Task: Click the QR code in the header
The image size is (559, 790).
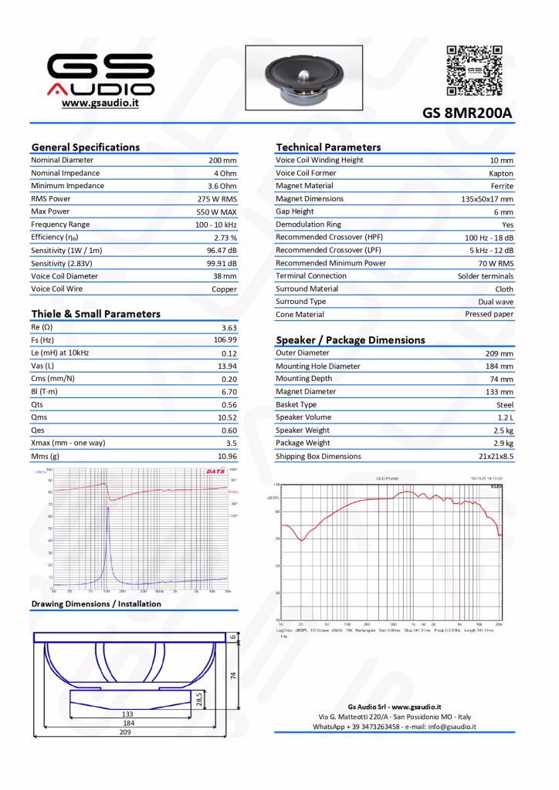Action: coord(475,69)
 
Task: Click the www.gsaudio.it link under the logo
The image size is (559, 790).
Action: coord(100,103)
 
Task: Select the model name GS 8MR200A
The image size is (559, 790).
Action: coord(467,113)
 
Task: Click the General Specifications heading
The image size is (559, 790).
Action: coord(86,147)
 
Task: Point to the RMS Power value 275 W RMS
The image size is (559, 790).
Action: coord(217,199)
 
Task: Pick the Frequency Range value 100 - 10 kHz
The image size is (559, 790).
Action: coord(215,225)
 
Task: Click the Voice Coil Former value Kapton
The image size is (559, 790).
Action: coord(501,174)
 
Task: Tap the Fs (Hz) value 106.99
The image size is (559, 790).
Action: coord(225,339)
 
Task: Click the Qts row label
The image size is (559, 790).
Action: coord(37,404)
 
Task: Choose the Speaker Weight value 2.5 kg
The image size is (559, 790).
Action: coord(503,430)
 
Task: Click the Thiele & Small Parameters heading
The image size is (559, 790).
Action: coord(96,314)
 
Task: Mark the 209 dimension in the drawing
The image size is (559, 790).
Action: coord(124,732)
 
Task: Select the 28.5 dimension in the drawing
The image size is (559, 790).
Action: coord(199,699)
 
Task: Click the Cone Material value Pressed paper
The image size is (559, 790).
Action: coord(489,315)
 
